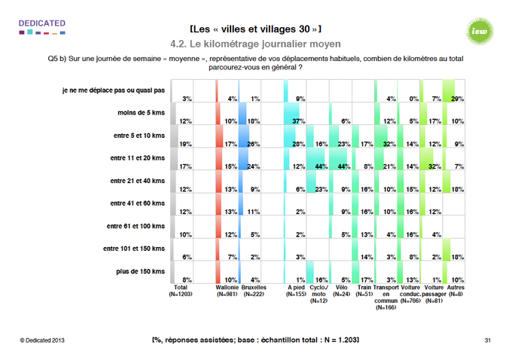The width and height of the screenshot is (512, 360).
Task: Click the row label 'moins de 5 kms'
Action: [x=140, y=113]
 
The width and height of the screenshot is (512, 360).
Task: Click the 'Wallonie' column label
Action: [x=227, y=287]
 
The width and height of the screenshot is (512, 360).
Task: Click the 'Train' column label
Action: [x=364, y=287]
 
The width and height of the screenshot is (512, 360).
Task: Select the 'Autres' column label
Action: [x=454, y=287]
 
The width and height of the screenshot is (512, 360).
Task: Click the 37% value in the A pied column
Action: [x=298, y=121]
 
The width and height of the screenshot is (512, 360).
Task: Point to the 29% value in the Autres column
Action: [x=456, y=99]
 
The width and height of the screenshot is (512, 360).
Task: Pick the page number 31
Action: [x=487, y=341]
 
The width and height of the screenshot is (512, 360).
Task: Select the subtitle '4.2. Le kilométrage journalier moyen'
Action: [x=255, y=44]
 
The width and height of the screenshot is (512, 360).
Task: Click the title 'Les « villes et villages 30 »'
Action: [x=256, y=29]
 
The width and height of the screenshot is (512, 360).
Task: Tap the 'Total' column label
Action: [x=181, y=287]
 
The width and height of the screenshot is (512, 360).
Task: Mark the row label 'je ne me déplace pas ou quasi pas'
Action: [x=113, y=91]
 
